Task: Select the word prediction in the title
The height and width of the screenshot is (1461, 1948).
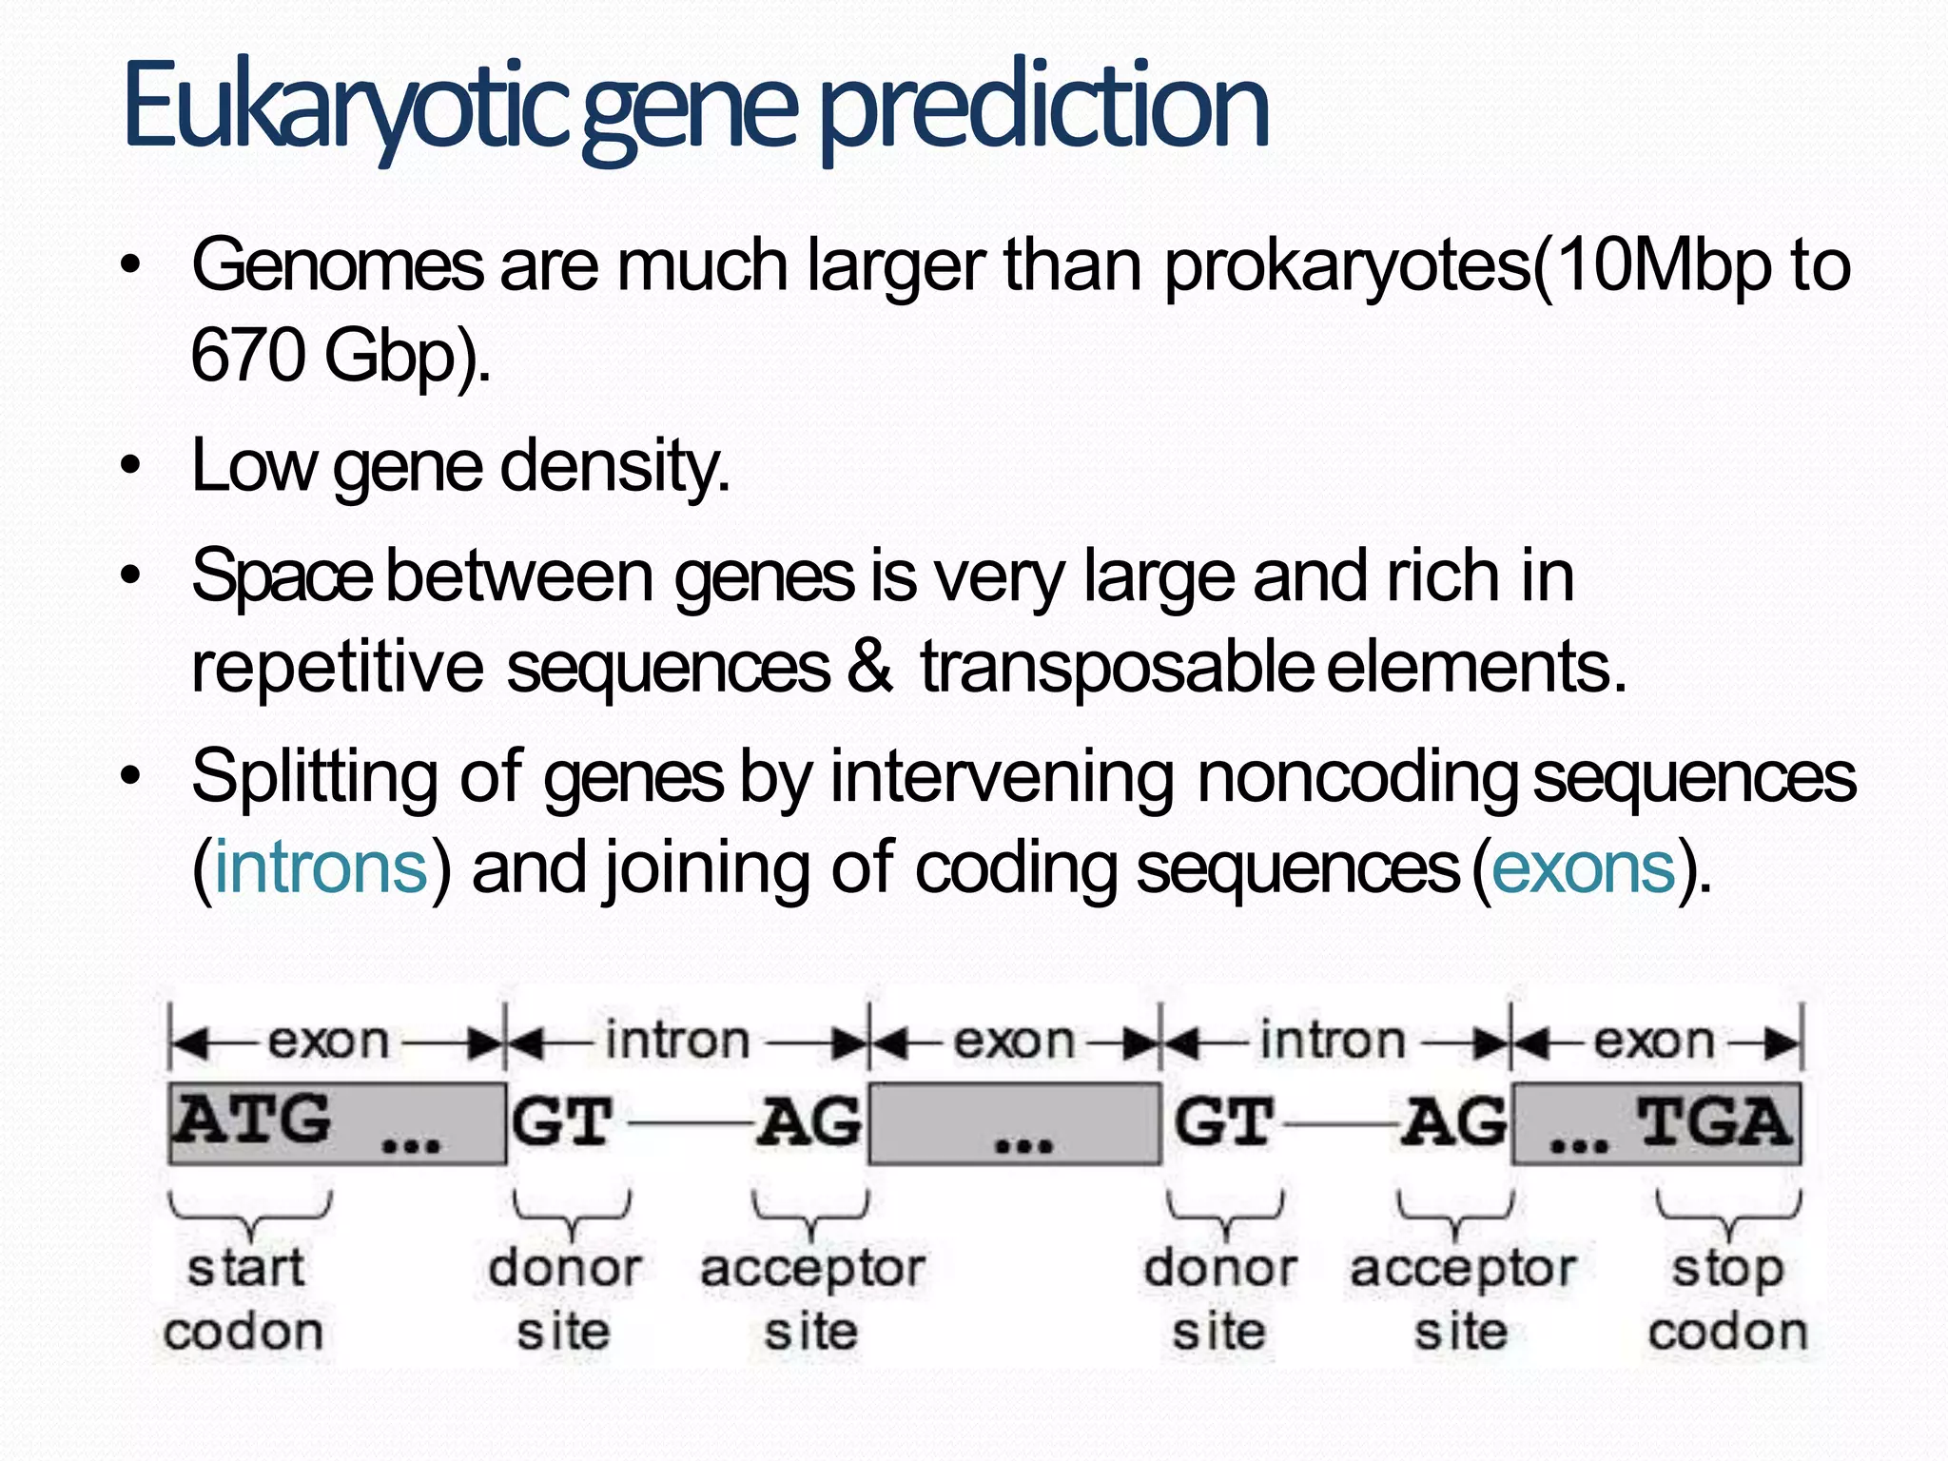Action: (1043, 107)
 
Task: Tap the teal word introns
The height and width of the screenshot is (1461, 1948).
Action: (321, 867)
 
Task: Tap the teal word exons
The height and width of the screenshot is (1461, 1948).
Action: (1583, 867)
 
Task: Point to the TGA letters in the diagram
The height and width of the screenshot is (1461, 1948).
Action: (1714, 1121)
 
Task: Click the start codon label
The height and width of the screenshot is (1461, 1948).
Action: (244, 1298)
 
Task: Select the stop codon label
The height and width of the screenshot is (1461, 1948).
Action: (1727, 1298)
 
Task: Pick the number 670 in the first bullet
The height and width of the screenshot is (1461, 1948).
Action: (247, 355)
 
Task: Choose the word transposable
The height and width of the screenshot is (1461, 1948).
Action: (1117, 668)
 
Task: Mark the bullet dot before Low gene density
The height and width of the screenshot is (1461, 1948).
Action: (130, 466)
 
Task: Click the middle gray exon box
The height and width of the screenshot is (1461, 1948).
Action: (1015, 1123)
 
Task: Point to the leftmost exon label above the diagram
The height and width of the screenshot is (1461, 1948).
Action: (328, 1041)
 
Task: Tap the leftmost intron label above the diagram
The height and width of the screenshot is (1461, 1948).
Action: (677, 1041)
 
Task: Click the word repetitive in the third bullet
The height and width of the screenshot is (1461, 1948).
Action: (337, 668)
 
